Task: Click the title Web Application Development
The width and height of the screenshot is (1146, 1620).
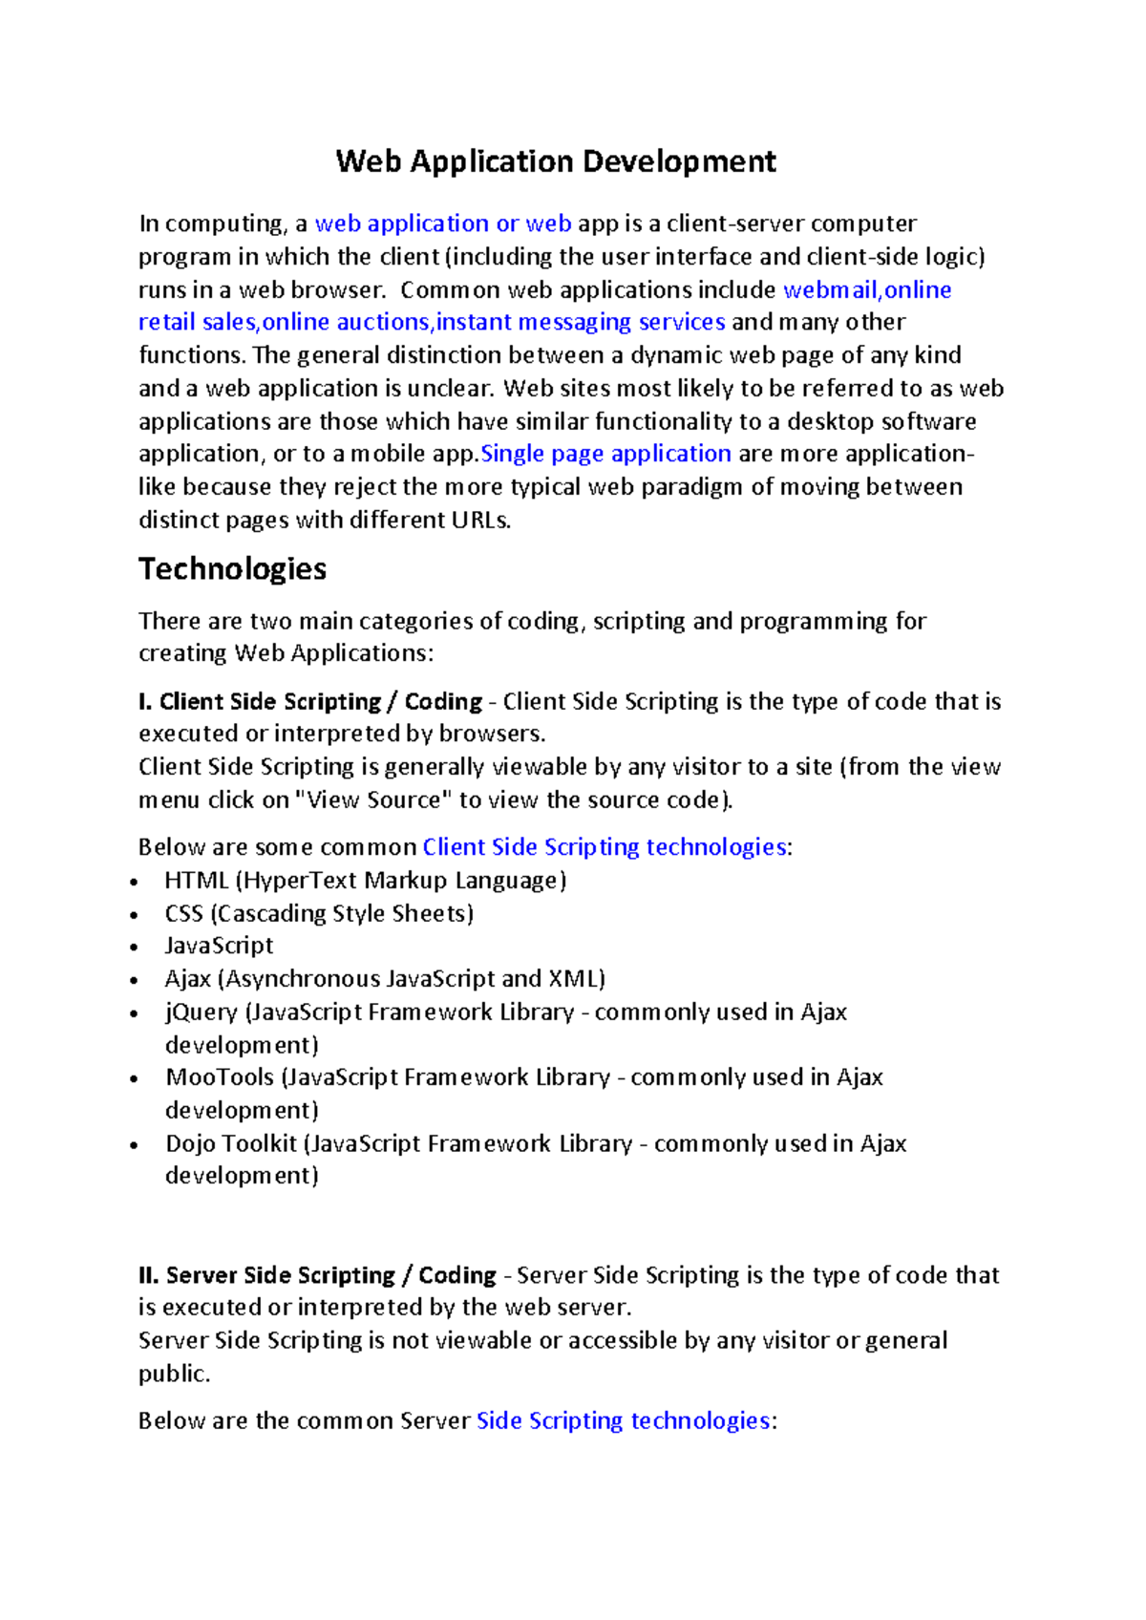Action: pyautogui.click(x=556, y=161)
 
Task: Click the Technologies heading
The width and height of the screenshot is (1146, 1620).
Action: pyautogui.click(x=232, y=569)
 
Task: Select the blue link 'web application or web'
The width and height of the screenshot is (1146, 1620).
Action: pyautogui.click(x=443, y=224)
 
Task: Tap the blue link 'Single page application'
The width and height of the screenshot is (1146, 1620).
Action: pyautogui.click(x=605, y=454)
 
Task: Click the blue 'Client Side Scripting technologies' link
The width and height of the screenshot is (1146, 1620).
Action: pyautogui.click(x=605, y=847)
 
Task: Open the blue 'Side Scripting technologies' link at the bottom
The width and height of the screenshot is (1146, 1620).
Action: pyautogui.click(x=623, y=1421)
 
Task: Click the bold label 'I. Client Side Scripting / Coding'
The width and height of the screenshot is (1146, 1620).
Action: pyautogui.click(x=310, y=702)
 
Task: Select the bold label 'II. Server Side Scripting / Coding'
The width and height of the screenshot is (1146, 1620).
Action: pyautogui.click(x=317, y=1276)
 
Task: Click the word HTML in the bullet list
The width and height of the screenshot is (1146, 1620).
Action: pyautogui.click(x=197, y=881)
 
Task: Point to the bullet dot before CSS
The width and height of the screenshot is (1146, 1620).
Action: pyautogui.click(x=135, y=915)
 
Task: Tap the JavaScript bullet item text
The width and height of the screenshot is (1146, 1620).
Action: pyautogui.click(x=219, y=946)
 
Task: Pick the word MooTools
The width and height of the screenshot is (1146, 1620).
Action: pyautogui.click(x=220, y=1077)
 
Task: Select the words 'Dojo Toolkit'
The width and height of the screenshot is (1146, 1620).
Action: pyautogui.click(x=231, y=1144)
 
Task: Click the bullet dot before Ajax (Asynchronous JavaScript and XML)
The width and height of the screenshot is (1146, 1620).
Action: pyautogui.click(x=135, y=980)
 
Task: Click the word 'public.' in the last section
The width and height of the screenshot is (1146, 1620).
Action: pyautogui.click(x=174, y=1375)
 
